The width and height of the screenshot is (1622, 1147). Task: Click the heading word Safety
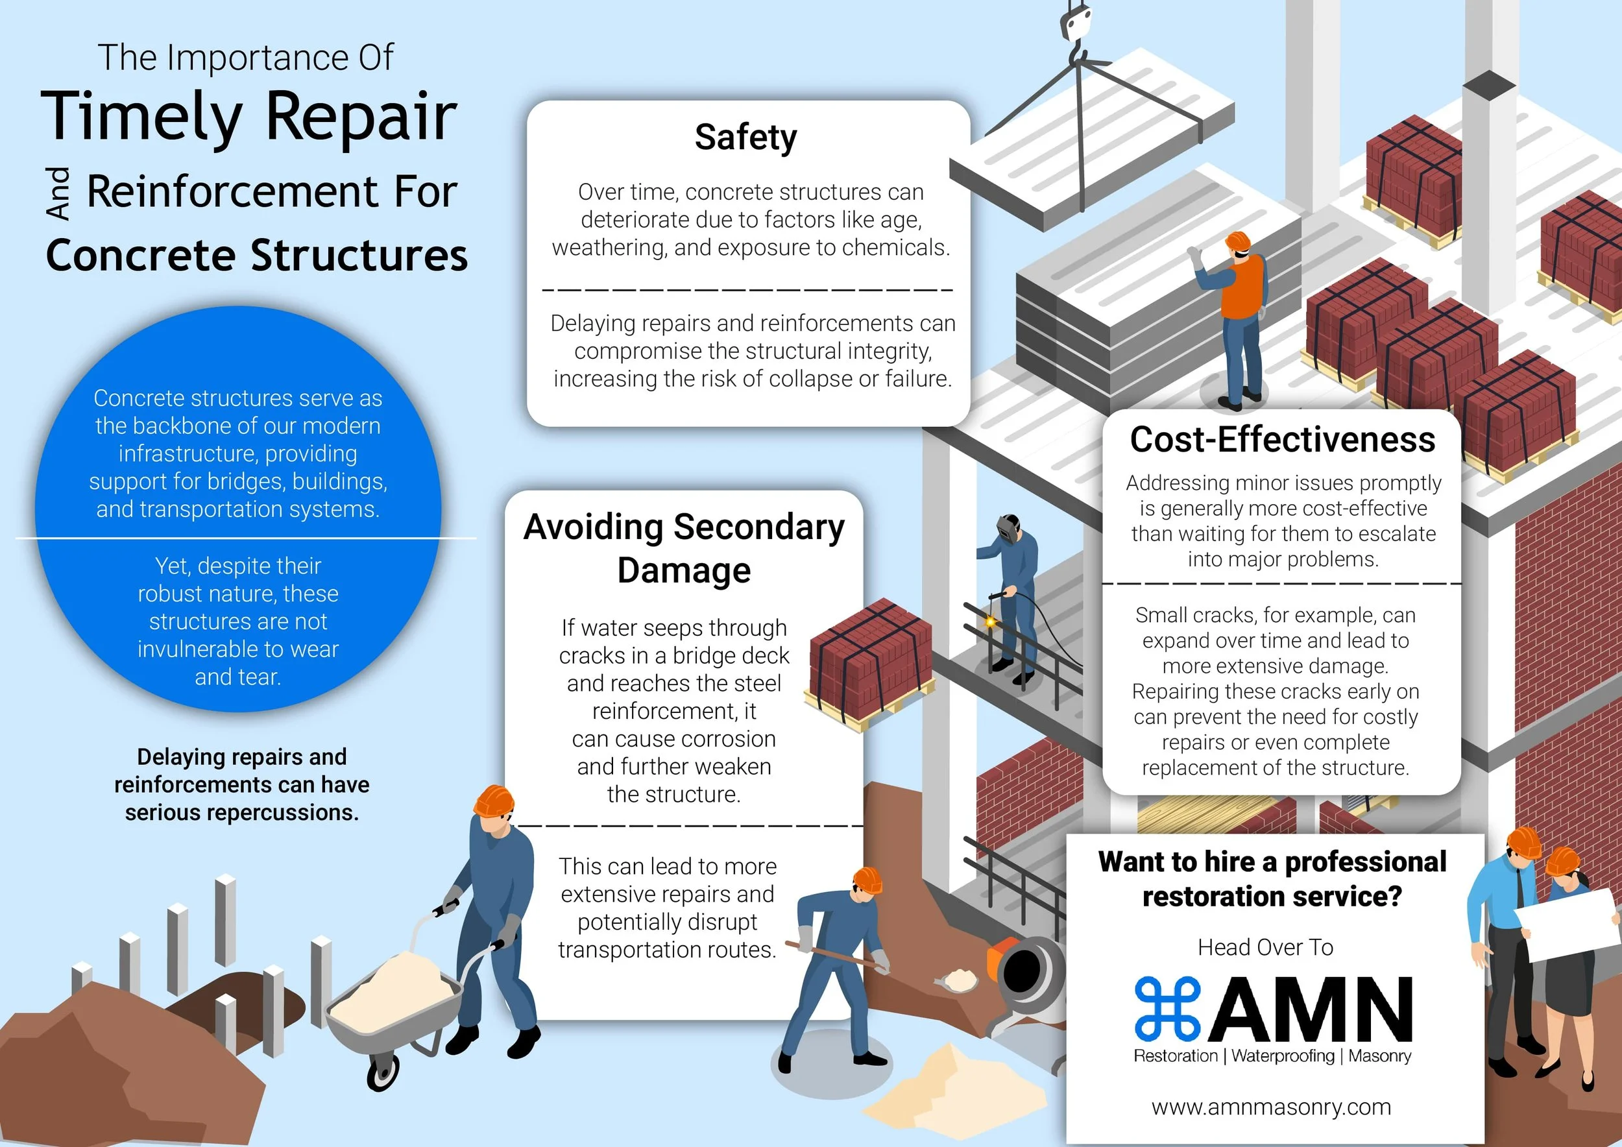coord(745,137)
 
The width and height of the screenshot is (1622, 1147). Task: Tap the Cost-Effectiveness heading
coord(1282,439)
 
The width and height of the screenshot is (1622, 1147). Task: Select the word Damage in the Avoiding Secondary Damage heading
coord(683,570)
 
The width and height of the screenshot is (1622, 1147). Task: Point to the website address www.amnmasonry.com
coord(1271,1107)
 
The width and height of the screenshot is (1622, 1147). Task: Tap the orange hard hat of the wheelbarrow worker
coord(494,801)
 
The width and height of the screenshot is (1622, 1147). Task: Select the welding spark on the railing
coord(991,622)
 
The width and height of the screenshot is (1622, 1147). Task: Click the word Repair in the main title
coord(361,116)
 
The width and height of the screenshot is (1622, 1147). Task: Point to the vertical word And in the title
coord(58,193)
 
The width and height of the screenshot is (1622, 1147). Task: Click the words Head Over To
coord(1265,947)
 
